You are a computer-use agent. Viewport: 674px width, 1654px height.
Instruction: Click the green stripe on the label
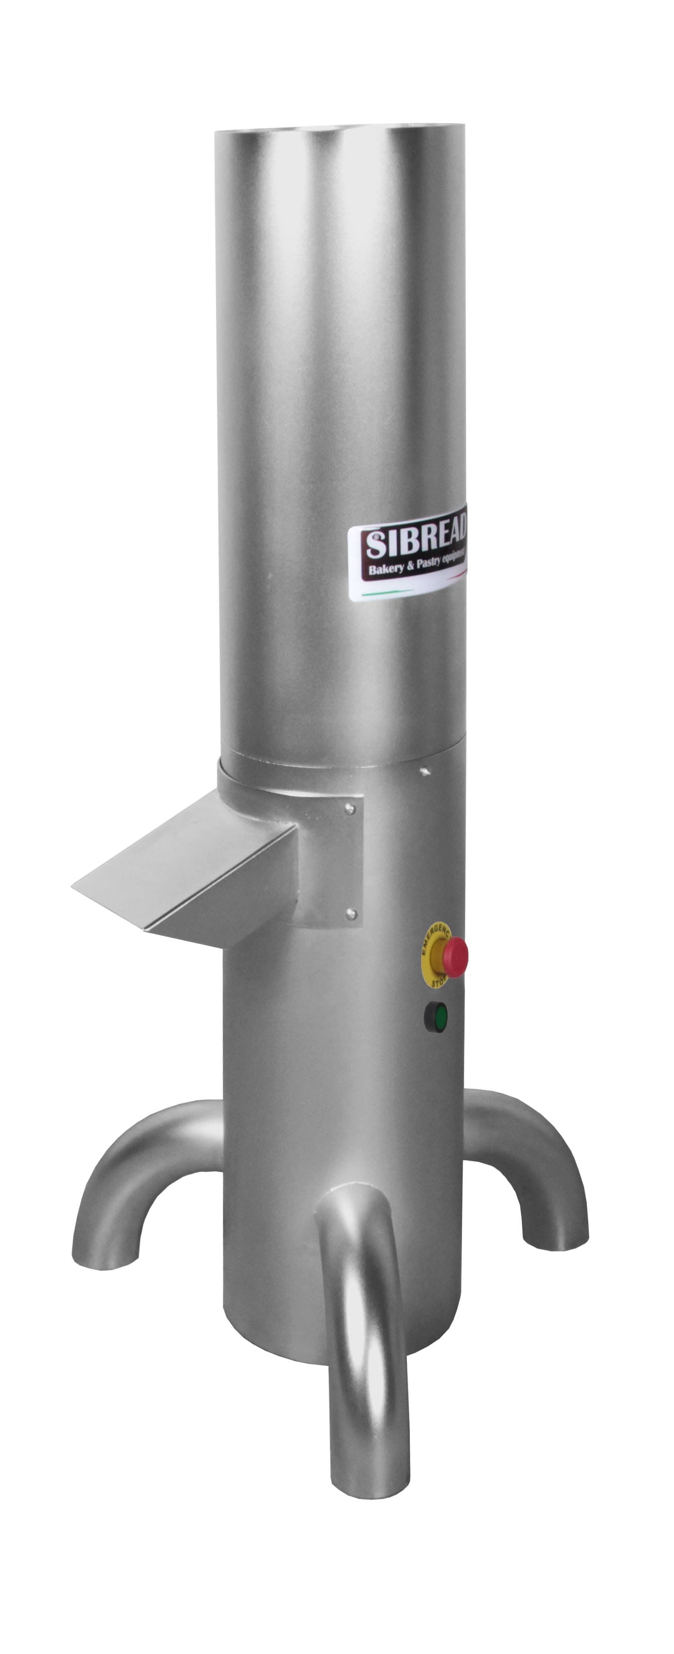[385, 594]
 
